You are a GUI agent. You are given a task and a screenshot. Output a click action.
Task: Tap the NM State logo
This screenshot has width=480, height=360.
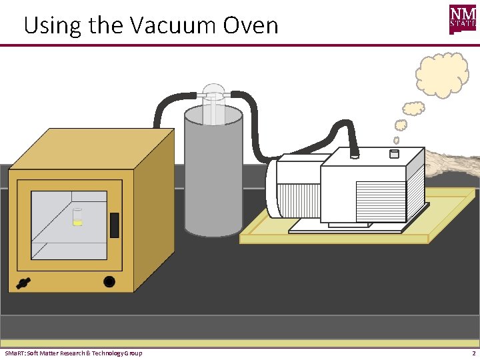coord(463,19)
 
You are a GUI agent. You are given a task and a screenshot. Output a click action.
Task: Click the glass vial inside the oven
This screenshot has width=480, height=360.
coord(78,217)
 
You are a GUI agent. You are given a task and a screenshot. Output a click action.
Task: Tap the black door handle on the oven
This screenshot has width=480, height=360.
coord(114,225)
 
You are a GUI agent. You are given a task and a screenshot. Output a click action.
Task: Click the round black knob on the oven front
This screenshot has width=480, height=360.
coord(109,281)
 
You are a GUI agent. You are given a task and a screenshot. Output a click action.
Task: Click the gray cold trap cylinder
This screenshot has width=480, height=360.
coord(213,177)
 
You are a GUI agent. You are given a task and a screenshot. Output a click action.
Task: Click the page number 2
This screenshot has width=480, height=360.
coord(473,353)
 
